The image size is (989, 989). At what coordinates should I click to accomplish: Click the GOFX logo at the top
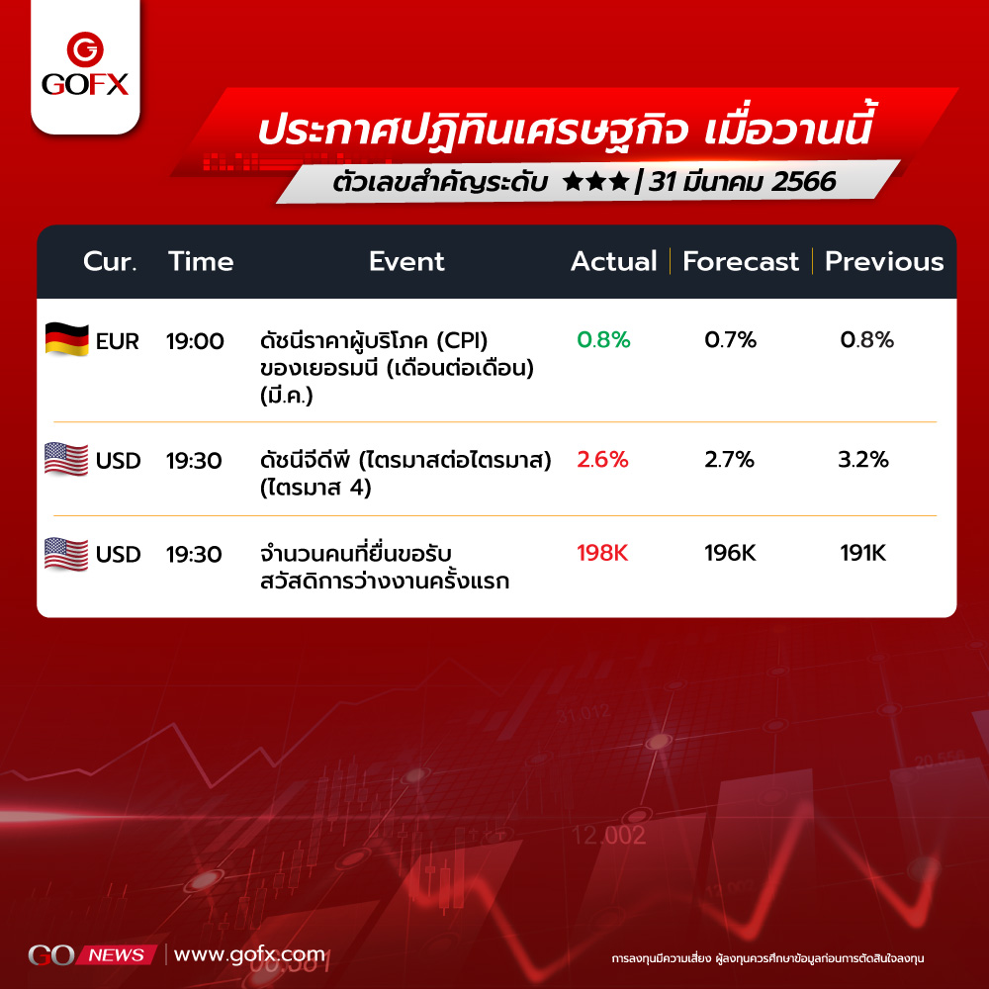click(x=85, y=64)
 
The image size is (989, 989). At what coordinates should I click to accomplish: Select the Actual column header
click(x=614, y=261)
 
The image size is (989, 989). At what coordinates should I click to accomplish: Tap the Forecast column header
click(x=741, y=261)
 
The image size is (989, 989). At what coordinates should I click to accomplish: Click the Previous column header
click(x=883, y=261)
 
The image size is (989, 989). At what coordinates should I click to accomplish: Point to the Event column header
click(x=406, y=261)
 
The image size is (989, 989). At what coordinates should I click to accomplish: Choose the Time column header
click(x=201, y=261)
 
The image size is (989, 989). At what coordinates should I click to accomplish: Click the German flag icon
click(x=67, y=339)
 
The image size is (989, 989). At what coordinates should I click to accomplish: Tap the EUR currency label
click(x=118, y=341)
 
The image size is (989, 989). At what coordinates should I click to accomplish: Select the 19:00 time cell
click(x=195, y=341)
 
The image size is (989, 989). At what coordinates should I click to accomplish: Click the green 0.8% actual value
click(x=603, y=340)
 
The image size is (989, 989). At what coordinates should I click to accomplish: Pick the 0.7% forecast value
click(x=731, y=340)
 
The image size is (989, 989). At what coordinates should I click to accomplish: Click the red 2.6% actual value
click(x=602, y=459)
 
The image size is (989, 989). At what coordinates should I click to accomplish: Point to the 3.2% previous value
click(x=862, y=459)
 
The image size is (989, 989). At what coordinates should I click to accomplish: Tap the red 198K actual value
click(x=602, y=553)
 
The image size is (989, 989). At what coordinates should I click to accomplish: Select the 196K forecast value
click(x=730, y=553)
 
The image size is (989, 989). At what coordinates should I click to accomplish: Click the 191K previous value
click(x=862, y=553)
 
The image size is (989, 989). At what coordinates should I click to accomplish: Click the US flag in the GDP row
click(x=66, y=459)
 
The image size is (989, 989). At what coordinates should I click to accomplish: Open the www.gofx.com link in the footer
click(x=250, y=955)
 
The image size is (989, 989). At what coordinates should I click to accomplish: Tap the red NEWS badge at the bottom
click(x=116, y=955)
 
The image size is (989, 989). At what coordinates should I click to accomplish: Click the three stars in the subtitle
click(x=596, y=182)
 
